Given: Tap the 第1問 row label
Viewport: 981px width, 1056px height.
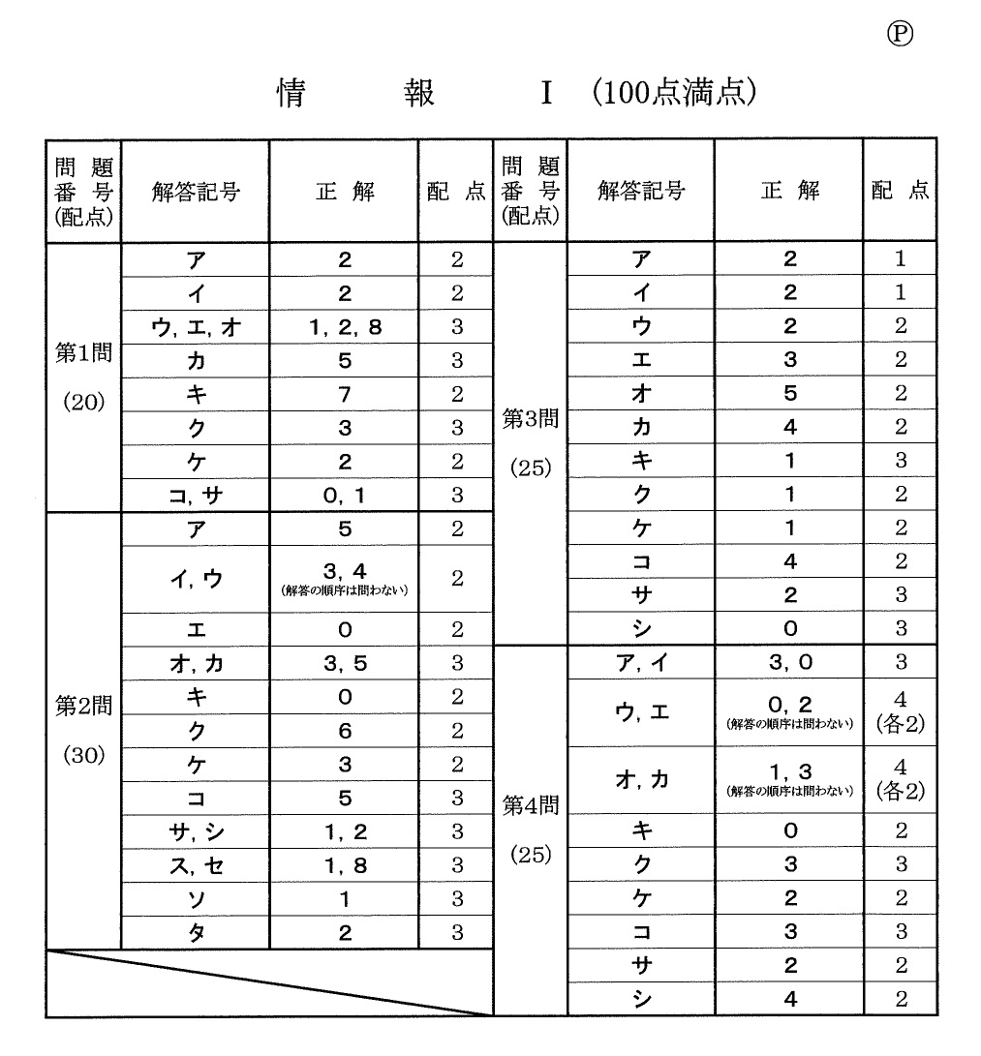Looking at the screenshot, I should pos(82,353).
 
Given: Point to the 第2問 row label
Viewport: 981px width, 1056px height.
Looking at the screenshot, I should pos(82,706).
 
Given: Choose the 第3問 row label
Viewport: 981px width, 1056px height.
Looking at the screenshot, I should pos(529,419).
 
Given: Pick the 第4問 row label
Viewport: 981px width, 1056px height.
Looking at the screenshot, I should pos(529,805).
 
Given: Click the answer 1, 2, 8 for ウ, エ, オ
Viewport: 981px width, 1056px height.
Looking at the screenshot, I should pos(345,327).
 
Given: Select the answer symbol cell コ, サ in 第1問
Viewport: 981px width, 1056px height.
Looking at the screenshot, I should pos(196,496).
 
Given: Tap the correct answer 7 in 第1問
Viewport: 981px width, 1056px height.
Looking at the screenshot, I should pos(345,395).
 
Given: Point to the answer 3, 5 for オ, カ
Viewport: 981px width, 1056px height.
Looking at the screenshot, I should pos(345,664).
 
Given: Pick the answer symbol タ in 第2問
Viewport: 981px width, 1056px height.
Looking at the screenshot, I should pos(196,933).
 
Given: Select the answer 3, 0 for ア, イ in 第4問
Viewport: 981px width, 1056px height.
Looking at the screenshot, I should pos(789,663).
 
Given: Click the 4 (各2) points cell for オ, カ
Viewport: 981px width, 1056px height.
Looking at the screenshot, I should pos(901,780).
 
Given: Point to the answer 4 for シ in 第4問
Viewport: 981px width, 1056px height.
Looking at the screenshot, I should pos(789,1000).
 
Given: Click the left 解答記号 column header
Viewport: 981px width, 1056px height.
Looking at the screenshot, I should pos(196,192).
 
